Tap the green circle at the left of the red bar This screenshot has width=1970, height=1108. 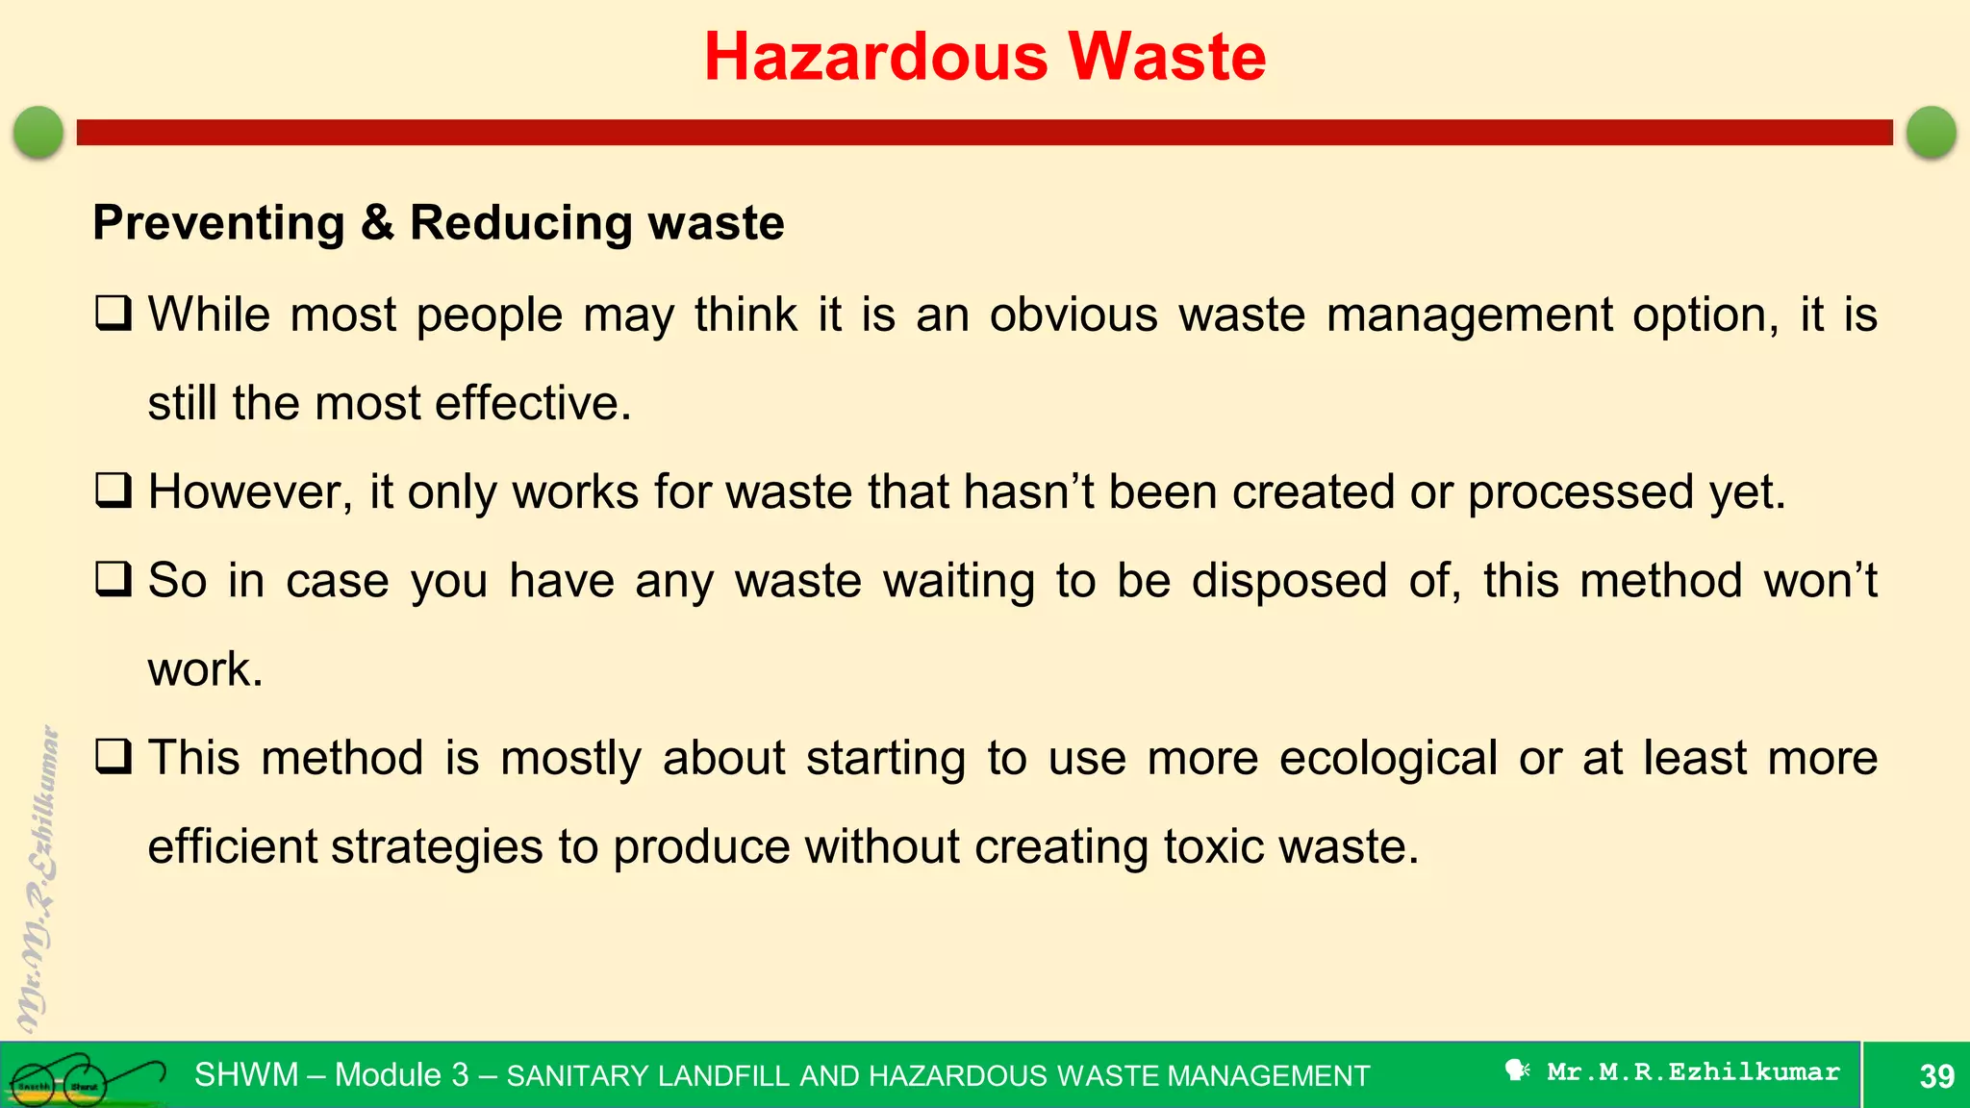pos(38,132)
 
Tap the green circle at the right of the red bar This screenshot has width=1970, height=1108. pos(1931,132)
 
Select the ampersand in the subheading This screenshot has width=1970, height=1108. pos(378,223)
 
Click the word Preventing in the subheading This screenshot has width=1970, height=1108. pos(218,223)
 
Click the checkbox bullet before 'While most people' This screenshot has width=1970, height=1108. pos(114,314)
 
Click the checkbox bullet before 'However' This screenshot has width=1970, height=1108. pos(114,491)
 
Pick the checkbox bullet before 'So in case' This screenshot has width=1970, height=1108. pos(114,579)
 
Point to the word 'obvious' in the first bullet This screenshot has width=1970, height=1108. pos(1073,315)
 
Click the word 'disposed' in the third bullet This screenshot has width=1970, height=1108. pos(1289,580)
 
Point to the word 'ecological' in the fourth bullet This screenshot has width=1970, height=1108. pos(1388,758)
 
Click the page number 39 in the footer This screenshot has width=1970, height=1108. pos(1936,1075)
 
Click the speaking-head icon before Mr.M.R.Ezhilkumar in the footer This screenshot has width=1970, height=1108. pos(1517,1070)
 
